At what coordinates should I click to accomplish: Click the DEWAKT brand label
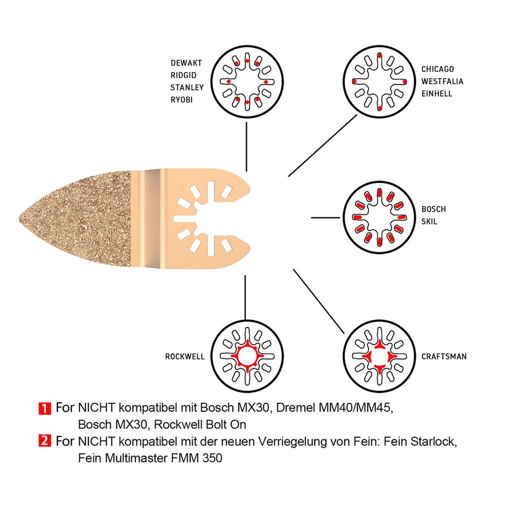(186, 63)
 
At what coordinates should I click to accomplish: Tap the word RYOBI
(183, 100)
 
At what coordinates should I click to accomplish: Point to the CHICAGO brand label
(437, 69)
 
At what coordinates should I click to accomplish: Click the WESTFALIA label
(442, 82)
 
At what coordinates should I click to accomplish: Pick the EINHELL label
(437, 93)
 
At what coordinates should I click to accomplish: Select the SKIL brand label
(429, 221)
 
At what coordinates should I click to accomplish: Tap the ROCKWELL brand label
(185, 356)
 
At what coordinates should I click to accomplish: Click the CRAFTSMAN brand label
(444, 356)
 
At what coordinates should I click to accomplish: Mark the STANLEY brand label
(187, 87)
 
